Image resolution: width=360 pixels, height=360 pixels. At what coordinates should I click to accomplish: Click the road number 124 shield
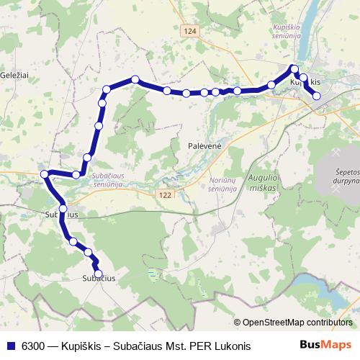189,32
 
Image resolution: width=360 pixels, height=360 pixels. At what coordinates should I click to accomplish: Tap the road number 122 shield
165,195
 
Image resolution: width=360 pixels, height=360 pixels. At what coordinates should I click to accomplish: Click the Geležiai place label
14,75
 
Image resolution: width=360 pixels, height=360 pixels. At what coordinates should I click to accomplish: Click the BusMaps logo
326,345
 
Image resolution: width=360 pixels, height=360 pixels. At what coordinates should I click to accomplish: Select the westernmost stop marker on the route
45,174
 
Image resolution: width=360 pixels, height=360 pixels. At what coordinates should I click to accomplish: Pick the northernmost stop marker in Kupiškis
294,69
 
